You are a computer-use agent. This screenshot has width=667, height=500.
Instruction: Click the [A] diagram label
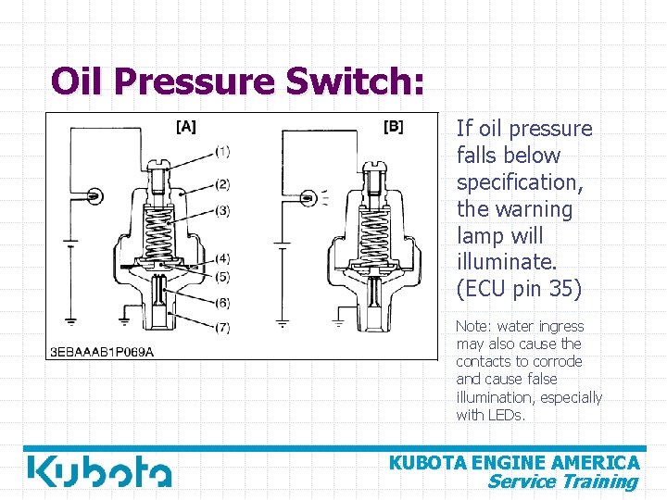[x=185, y=127]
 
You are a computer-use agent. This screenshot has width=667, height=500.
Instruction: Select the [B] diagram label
[x=393, y=127]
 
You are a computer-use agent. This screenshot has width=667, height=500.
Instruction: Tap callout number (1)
[x=222, y=151]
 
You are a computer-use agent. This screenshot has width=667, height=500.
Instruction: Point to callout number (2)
[x=222, y=184]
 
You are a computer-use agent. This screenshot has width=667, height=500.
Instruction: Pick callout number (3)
[x=222, y=211]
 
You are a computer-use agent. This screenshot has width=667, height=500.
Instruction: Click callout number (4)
[x=222, y=258]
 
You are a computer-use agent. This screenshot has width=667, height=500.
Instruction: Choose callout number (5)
[x=222, y=276]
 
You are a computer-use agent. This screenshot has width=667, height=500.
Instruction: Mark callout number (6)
[x=222, y=303]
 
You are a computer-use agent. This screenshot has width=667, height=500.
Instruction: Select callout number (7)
[x=222, y=328]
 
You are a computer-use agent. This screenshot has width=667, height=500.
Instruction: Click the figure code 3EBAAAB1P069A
[x=102, y=351]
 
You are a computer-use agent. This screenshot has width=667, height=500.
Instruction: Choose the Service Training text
[x=562, y=481]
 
